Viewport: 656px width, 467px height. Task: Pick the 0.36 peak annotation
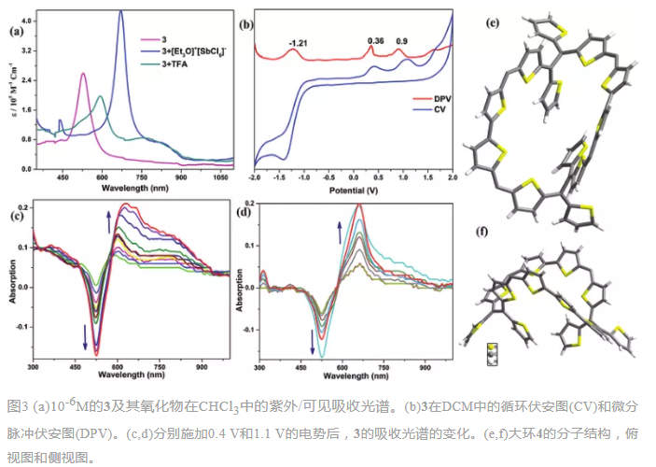tap(376, 41)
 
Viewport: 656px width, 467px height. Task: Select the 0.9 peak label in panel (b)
tap(402, 41)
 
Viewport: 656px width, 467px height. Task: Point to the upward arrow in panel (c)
tap(107, 220)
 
